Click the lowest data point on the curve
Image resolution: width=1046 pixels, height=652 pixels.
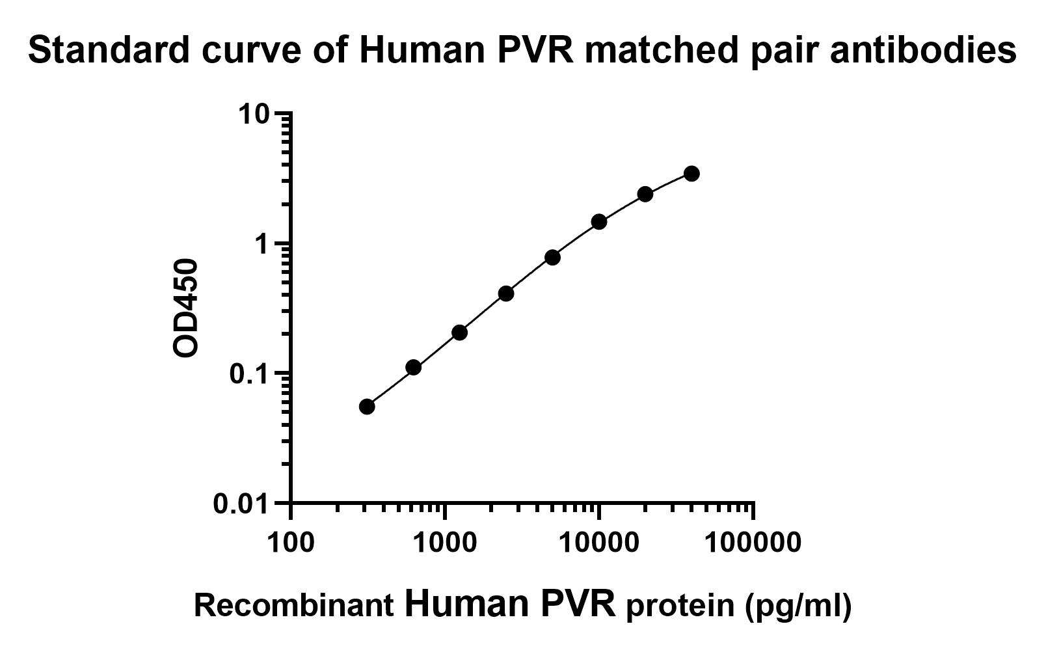tap(367, 407)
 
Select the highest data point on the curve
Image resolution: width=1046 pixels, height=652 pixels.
tap(691, 174)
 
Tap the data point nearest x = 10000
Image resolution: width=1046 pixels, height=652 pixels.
tap(599, 222)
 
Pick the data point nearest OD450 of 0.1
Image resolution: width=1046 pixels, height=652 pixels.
tap(413, 368)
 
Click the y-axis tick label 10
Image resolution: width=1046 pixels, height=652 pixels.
tap(253, 115)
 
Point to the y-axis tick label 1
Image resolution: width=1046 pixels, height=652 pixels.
tap(261, 245)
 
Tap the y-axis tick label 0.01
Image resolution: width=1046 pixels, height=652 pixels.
tap(241, 504)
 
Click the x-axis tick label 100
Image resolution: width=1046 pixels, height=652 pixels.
tap(289, 541)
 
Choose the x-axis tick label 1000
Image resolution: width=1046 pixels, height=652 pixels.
tap(444, 541)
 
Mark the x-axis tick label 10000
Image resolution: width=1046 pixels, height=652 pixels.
tap(598, 541)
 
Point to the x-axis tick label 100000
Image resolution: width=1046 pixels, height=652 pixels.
tap(753, 541)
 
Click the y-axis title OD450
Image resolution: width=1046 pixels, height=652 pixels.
tap(186, 308)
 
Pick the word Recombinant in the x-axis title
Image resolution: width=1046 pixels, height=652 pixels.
tap(294, 606)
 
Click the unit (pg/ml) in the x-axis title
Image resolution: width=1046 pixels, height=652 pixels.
tap(798, 607)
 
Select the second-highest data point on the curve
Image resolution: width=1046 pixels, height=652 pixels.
tap(645, 194)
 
